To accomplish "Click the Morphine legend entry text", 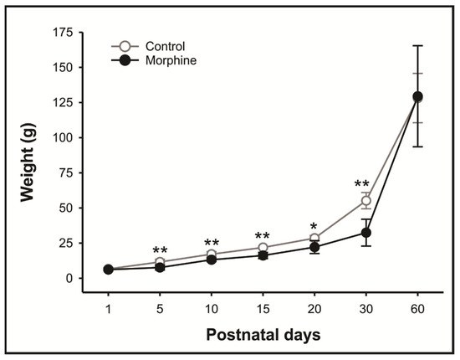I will pyautogui.click(x=170, y=60).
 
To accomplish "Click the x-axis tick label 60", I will pyautogui.click(x=417, y=307).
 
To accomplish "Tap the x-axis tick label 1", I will pyautogui.click(x=108, y=307).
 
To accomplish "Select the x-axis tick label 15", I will pyautogui.click(x=263, y=307).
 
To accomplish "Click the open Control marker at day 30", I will pyautogui.click(x=365, y=201).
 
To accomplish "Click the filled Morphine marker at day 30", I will pyautogui.click(x=365, y=233).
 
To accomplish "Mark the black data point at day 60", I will pyautogui.click(x=417, y=96).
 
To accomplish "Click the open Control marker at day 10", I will pyautogui.click(x=212, y=255).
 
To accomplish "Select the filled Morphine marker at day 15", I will pyautogui.click(x=263, y=255).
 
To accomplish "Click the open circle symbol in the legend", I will pyautogui.click(x=123, y=47).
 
